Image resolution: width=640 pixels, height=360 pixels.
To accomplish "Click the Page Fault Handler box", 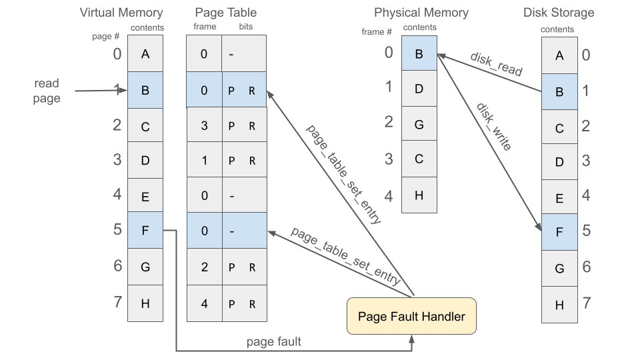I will [x=411, y=316].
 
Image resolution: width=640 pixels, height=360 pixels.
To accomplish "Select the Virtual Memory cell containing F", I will [x=145, y=230].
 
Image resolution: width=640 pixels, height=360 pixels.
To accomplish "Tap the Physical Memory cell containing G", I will [x=419, y=124].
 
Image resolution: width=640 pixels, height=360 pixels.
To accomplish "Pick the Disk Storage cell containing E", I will [x=559, y=198].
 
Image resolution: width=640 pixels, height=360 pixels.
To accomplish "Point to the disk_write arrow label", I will [x=494, y=127].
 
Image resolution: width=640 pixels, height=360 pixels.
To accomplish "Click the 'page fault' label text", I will [x=274, y=341].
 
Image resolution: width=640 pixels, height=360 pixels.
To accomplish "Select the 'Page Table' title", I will [x=226, y=13].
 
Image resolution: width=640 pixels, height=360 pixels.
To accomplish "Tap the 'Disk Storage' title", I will [x=559, y=13].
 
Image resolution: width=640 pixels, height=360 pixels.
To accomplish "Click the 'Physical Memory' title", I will [x=421, y=13].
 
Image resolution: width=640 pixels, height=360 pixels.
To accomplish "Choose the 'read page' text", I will [x=47, y=91].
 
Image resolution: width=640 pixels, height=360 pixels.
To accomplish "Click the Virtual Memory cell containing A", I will [x=145, y=54].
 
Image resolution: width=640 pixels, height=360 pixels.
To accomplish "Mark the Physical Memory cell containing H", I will [x=419, y=195].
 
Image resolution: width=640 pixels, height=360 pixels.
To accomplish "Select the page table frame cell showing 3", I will [x=204, y=125].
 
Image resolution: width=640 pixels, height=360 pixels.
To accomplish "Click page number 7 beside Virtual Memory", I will [x=117, y=301].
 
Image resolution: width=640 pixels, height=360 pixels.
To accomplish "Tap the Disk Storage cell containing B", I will [x=559, y=91].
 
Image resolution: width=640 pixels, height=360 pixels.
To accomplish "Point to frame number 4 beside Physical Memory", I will [x=389, y=195].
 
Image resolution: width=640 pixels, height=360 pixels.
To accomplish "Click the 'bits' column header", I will [x=245, y=27].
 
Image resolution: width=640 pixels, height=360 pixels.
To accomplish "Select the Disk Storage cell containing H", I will [x=559, y=305].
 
